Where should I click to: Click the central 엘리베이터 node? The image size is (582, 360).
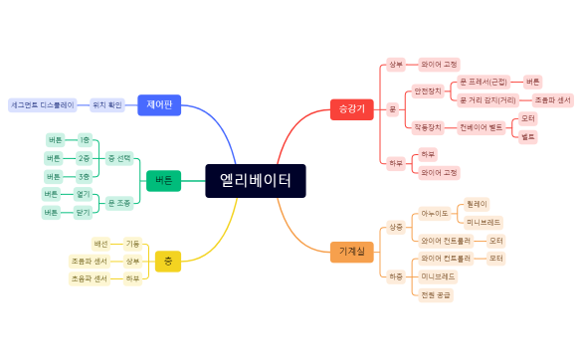[255, 181]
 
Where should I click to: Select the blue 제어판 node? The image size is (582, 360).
[159, 104]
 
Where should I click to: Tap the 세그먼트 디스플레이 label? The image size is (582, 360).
[42, 104]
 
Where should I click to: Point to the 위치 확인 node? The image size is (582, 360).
[105, 104]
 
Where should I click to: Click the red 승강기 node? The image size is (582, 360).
[351, 108]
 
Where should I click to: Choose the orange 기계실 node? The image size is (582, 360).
[351, 252]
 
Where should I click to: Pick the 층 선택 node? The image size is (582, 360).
[118, 158]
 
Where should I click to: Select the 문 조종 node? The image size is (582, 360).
[118, 203]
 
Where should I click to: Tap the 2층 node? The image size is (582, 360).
[85, 158]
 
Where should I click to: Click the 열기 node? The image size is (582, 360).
[83, 193]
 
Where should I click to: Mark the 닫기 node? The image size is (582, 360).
[83, 213]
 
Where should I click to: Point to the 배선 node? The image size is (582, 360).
[100, 244]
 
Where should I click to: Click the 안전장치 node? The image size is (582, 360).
[428, 91]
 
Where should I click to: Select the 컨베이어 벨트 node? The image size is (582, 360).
[480, 127]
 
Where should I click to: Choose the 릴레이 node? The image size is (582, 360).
[478, 203]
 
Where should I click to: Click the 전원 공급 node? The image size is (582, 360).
[435, 294]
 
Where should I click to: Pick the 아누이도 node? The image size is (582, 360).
[434, 213]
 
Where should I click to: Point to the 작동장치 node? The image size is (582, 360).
[428, 127]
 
